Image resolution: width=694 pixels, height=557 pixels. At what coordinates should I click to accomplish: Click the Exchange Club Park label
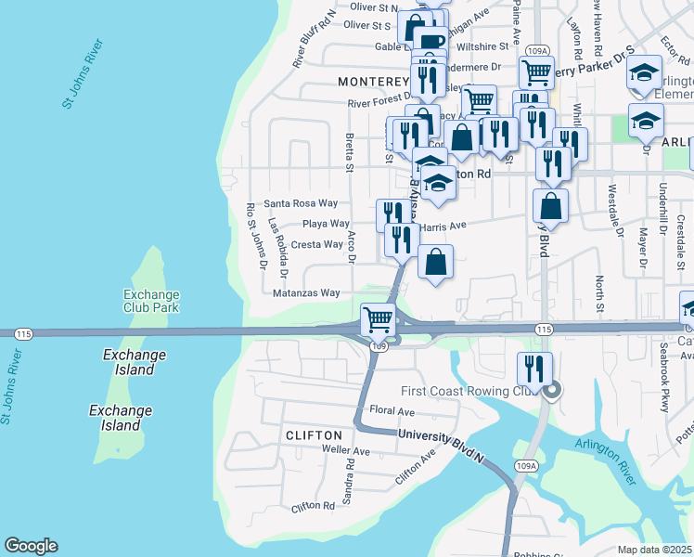[150, 301]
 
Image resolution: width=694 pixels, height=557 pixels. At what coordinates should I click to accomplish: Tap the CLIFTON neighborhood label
[314, 434]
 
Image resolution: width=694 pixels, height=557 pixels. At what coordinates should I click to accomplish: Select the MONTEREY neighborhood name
[374, 82]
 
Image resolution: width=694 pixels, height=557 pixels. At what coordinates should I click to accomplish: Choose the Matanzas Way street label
[306, 292]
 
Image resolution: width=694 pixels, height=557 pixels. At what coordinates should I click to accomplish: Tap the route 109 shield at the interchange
[378, 346]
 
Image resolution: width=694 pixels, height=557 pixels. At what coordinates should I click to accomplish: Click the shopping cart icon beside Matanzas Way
[379, 320]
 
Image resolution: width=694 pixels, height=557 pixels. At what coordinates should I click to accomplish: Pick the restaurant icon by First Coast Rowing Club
[534, 369]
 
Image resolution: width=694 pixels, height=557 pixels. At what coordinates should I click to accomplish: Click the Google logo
[31, 546]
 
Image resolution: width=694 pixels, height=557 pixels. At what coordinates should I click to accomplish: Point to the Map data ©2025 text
[655, 550]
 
